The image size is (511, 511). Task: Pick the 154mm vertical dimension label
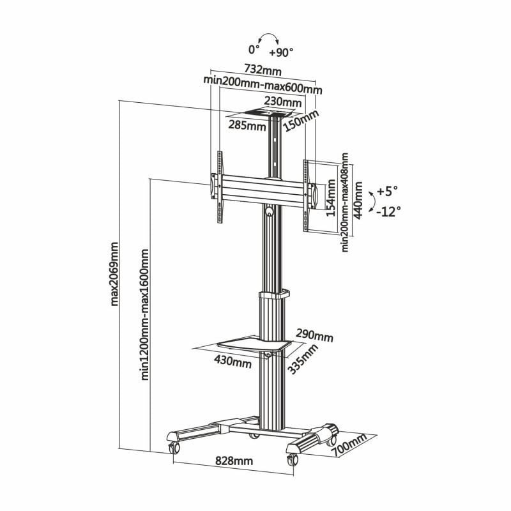tap(331, 198)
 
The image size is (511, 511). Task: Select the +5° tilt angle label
tap(386, 191)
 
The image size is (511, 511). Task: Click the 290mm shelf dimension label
tap(314, 335)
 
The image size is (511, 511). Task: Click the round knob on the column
tap(270, 210)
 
